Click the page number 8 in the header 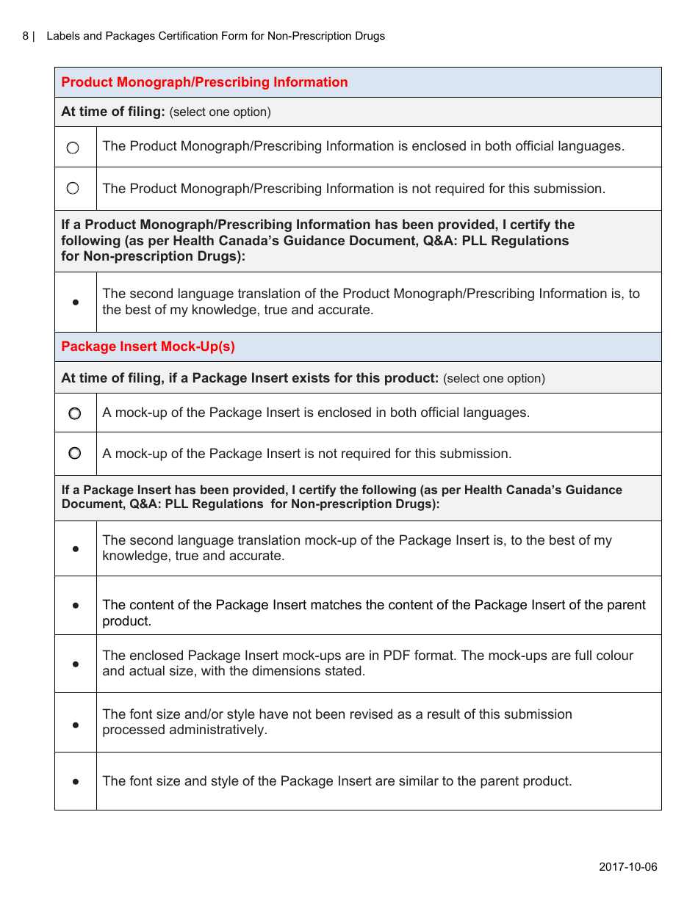point(26,36)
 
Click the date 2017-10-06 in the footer point(627,867)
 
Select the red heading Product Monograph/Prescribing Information point(204,82)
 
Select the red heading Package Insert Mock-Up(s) point(148,347)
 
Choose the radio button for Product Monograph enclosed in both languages point(73,148)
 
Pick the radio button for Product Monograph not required point(73,189)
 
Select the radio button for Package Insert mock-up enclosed point(75,413)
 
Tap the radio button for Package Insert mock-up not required point(75,454)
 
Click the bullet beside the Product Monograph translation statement point(76,302)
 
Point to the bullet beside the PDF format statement point(76,664)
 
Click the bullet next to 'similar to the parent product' point(76,782)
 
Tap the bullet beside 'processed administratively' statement point(76,725)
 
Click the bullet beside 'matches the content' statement point(76,606)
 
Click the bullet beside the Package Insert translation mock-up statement point(76,548)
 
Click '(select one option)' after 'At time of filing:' point(220,112)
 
